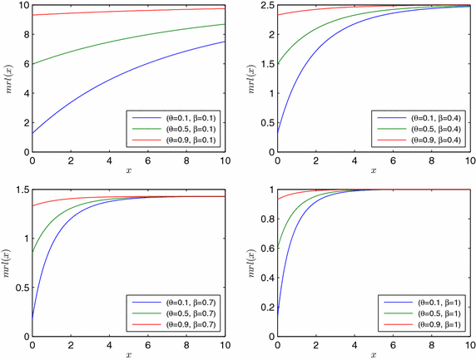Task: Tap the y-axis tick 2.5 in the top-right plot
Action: [265, 6]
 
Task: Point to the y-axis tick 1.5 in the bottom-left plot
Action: [20, 190]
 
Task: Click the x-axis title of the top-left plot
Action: [129, 170]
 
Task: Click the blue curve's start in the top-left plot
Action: [32, 133]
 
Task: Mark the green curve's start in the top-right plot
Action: [278, 64]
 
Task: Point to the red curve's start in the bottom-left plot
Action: [32, 205]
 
